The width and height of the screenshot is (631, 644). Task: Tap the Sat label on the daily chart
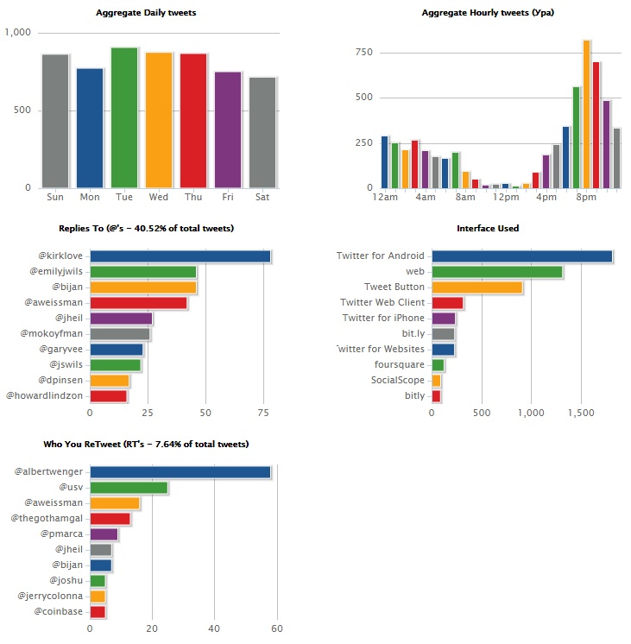(262, 197)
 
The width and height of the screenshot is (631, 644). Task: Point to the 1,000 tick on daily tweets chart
(18, 33)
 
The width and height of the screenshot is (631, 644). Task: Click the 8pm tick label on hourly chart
(586, 197)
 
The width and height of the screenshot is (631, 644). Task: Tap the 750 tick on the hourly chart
(363, 53)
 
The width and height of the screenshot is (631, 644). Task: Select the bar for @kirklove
(180, 256)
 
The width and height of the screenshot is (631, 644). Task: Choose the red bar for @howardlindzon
(108, 396)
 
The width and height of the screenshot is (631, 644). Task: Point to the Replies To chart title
(146, 228)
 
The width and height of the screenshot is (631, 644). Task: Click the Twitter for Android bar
(521, 256)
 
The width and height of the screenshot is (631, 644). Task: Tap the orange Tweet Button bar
(476, 287)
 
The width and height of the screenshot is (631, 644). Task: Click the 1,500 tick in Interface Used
(579, 413)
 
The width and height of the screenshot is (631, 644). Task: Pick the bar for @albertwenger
(180, 472)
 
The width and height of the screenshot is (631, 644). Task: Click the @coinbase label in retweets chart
(58, 611)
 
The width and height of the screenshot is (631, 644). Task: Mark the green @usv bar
(129, 488)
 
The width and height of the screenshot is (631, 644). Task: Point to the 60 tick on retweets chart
(277, 628)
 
